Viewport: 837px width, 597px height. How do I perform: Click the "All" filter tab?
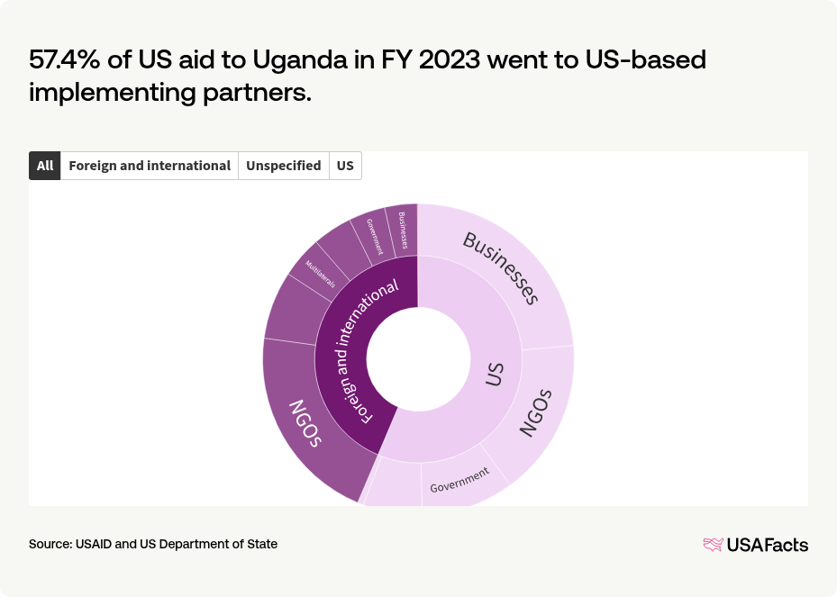pos(45,166)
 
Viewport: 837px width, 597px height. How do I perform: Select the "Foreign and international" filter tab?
pos(150,166)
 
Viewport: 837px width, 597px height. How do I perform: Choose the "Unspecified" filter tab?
pos(283,166)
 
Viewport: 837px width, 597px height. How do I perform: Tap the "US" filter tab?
pos(345,166)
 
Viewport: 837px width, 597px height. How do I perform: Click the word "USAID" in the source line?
pos(92,544)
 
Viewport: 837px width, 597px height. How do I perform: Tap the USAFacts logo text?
pos(767,544)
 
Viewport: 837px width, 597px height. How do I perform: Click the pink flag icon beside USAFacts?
pos(713,544)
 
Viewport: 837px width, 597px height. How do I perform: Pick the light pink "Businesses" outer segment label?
pos(500,267)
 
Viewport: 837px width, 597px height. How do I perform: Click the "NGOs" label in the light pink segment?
pos(534,413)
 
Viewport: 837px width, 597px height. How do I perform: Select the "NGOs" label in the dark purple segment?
pos(305,422)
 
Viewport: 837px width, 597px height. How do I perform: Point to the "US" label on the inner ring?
pos(494,375)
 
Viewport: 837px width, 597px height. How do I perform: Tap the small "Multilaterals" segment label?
pos(320,274)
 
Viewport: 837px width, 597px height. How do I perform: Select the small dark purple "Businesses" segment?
pos(403,231)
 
